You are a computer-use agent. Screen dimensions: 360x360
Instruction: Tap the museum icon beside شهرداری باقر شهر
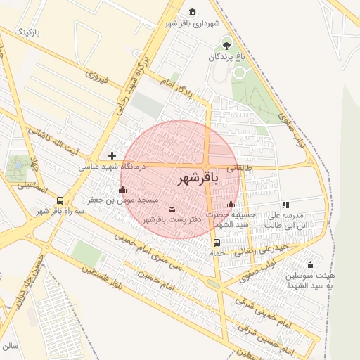tap(193, 12)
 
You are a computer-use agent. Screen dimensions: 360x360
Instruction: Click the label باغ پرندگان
tap(226, 57)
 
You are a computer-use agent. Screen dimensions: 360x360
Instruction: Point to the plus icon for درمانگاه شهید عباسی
tap(112, 155)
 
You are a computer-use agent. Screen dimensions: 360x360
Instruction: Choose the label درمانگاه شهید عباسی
tap(109, 167)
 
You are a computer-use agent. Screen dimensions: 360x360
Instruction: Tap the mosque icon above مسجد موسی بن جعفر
tap(123, 189)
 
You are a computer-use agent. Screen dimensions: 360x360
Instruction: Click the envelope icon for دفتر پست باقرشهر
tap(172, 209)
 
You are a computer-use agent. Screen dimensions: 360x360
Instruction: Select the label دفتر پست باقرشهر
tap(173, 220)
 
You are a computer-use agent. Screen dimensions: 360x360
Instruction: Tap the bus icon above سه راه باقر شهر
tap(60, 200)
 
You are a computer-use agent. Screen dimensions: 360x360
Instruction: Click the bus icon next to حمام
tap(216, 243)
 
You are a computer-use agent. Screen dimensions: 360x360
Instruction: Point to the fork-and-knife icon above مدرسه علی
tap(285, 205)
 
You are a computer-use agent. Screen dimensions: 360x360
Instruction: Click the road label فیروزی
tap(96, 77)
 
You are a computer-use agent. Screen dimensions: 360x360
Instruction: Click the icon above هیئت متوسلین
tap(310, 264)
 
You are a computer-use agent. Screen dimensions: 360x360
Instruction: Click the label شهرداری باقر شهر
tap(193, 23)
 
